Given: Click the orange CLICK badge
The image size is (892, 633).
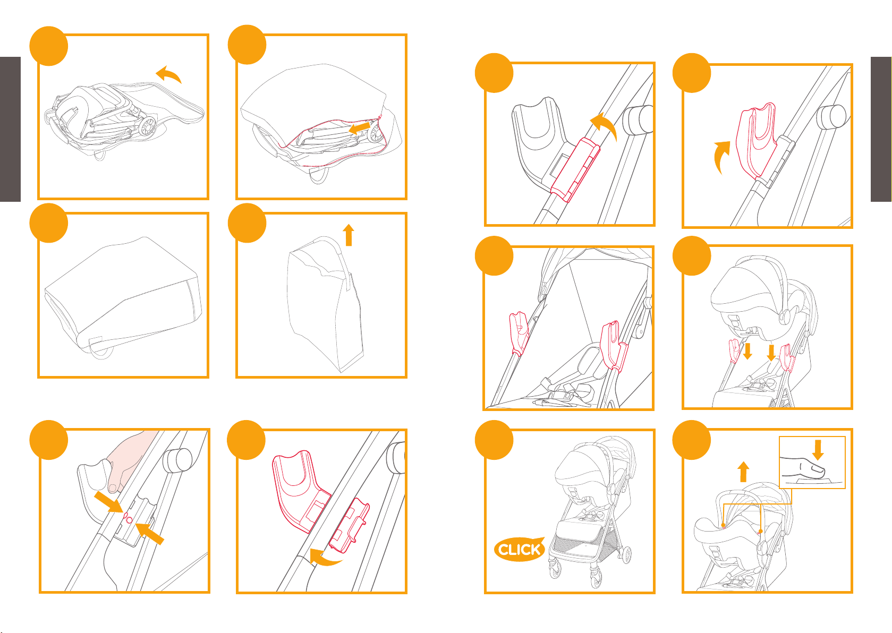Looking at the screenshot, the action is [x=519, y=550].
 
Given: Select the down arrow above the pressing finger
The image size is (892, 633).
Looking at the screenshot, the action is [x=818, y=450].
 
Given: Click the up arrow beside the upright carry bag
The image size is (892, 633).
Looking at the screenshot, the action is [x=349, y=235].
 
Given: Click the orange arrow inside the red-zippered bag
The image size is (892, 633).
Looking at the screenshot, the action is [x=359, y=128].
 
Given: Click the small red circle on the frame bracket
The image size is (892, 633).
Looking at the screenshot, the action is [x=129, y=520].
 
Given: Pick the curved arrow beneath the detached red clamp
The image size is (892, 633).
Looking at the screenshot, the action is [x=325, y=558].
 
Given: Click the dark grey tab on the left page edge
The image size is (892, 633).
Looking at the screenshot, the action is [x=10, y=130].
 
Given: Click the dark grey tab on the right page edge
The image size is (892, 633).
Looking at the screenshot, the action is [x=881, y=130].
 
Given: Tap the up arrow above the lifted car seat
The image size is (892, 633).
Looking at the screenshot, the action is [x=743, y=472].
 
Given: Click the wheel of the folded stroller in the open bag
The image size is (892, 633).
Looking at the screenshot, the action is [x=147, y=126].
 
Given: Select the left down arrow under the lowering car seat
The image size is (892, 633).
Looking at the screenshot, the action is [x=747, y=351].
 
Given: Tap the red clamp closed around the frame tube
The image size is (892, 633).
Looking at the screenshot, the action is [x=575, y=170].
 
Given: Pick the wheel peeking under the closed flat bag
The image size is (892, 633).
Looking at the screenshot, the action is [x=101, y=354].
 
